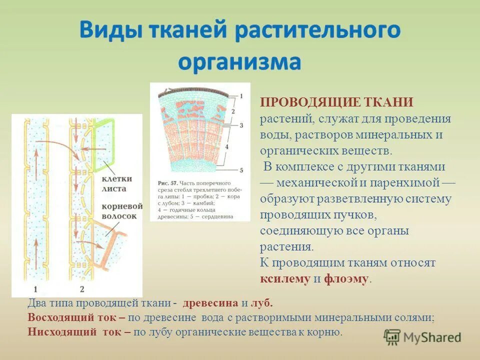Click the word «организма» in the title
click(240, 62)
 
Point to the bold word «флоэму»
click(346, 279)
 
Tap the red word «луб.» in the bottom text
click(263, 303)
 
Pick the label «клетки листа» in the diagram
click(118, 183)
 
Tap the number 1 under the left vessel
click(35, 288)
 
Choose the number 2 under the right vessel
click(81, 288)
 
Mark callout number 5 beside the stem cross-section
click(241, 170)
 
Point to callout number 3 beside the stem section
click(241, 125)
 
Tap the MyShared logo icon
click(392, 336)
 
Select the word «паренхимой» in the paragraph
click(412, 183)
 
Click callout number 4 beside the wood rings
click(241, 147)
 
